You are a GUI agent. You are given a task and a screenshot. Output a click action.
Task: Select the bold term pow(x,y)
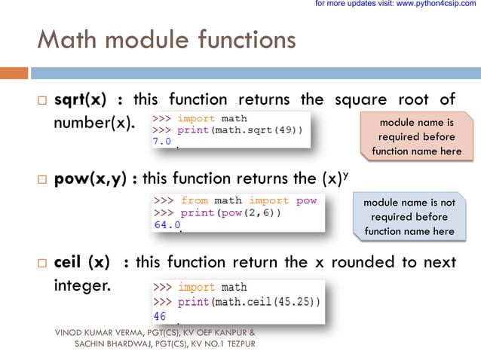[x=90, y=178]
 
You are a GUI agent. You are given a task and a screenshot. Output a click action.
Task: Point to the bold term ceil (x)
[x=81, y=262]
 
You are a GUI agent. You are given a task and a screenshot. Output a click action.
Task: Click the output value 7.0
[x=163, y=141]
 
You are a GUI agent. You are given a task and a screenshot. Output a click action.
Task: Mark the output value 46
[x=160, y=316]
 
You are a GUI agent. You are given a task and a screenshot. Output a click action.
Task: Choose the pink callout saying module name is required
[x=416, y=137]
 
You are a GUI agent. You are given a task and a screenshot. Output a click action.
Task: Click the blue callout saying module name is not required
[x=409, y=217]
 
